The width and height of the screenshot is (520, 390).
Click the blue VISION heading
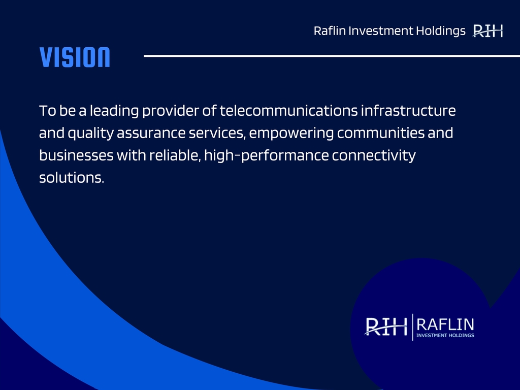tap(75, 57)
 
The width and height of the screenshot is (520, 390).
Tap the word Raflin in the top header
tap(330, 31)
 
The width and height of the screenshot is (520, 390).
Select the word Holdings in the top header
tap(441, 31)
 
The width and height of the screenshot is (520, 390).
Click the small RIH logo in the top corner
tap(488, 31)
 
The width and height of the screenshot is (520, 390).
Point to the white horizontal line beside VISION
tap(332, 56)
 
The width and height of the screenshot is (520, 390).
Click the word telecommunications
tap(288, 110)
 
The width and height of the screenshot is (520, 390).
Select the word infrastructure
tap(408, 110)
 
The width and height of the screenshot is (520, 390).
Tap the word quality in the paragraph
tap(90, 134)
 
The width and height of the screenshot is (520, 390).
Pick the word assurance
tap(151, 134)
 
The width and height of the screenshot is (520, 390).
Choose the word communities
tap(381, 133)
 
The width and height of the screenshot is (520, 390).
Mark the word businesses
tap(76, 155)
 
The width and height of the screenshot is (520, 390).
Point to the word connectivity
tap(374, 156)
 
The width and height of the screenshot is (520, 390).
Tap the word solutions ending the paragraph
tap(72, 177)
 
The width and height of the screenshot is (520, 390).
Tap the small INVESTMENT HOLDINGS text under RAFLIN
tap(445, 335)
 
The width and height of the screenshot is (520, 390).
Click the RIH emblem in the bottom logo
tap(386, 327)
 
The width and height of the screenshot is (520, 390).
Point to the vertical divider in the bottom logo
tap(412, 327)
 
